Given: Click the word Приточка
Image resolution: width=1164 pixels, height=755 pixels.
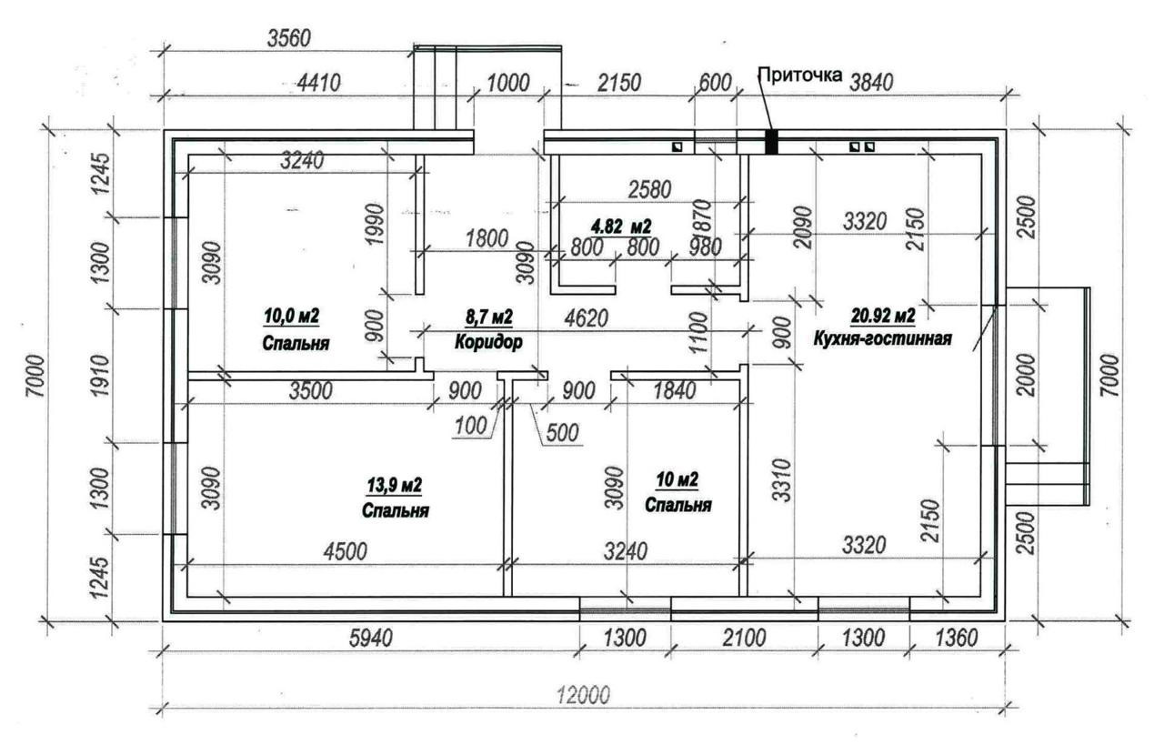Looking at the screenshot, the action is point(800,75).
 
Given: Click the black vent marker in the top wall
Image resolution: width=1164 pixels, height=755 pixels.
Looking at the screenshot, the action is point(772,142).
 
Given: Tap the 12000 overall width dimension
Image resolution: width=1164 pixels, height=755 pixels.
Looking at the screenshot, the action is point(584,695).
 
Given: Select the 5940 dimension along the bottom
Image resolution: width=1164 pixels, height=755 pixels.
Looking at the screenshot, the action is point(370,638).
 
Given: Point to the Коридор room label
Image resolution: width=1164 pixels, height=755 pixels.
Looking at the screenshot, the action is point(488,342).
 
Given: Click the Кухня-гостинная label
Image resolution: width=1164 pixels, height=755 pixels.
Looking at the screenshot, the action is point(882,338).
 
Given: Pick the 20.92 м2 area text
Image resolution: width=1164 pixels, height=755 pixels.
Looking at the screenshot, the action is point(883,315).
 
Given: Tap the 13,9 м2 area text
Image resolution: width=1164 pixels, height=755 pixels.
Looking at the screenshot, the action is point(395,486).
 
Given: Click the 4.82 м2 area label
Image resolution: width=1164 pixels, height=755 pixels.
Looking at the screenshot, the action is point(621,226).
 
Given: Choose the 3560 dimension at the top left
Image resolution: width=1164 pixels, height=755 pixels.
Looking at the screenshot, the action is point(289,38).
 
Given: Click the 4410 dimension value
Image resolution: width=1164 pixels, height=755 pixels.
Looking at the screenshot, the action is point(318,83).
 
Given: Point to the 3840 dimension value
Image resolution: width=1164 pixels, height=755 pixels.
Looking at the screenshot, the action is point(871,83).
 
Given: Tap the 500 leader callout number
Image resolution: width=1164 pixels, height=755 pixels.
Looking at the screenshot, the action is point(562,433).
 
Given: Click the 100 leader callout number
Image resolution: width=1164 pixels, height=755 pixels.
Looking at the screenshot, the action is point(471,426).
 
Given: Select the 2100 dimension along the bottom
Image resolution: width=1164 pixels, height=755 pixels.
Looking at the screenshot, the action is point(744,638).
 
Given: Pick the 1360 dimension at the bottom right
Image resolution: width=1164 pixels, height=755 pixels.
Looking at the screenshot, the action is point(956,638).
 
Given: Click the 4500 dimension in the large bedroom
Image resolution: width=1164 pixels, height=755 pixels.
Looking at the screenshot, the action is point(345,551).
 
